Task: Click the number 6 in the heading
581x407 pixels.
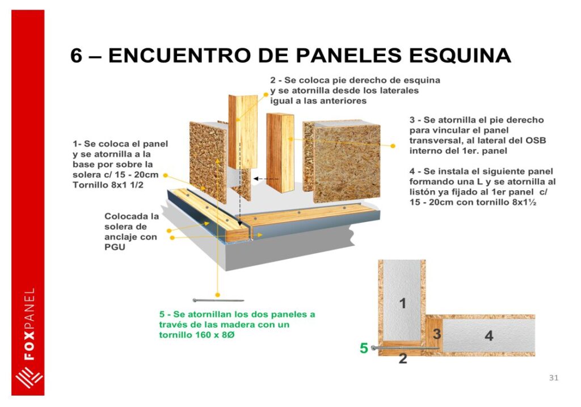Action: (x=77, y=56)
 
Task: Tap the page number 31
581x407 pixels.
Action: (x=554, y=377)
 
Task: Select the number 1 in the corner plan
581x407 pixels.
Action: (x=403, y=304)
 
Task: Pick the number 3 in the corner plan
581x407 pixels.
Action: (x=437, y=334)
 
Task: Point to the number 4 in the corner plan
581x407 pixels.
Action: (x=489, y=336)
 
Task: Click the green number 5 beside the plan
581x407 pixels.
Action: (x=364, y=348)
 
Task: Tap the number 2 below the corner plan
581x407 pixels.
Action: (x=403, y=358)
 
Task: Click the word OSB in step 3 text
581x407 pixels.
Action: (x=536, y=140)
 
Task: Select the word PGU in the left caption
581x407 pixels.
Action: (x=115, y=247)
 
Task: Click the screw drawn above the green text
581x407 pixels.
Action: (x=218, y=300)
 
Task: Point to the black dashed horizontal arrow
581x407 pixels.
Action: (x=266, y=179)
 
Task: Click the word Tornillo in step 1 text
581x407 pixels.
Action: (x=88, y=185)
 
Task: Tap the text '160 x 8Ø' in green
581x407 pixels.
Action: (x=215, y=335)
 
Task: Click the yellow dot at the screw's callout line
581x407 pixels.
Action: (x=218, y=295)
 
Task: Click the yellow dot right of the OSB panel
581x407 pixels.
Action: (x=393, y=146)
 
